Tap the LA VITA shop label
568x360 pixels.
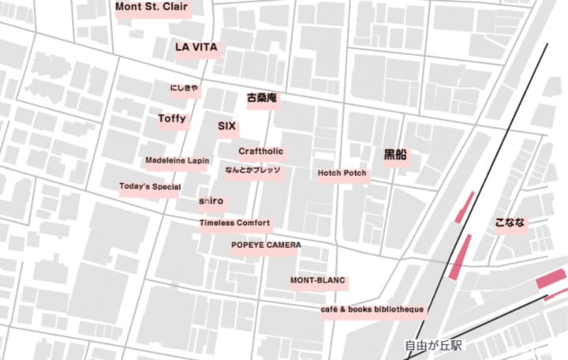(x=196, y=47)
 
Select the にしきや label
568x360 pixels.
(x=185, y=88)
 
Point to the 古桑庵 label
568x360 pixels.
(x=262, y=99)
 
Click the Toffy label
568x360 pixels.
(x=172, y=119)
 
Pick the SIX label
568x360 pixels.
(x=226, y=126)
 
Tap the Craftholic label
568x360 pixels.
(x=261, y=152)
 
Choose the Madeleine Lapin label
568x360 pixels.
(x=177, y=161)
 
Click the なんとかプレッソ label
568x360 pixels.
(x=252, y=171)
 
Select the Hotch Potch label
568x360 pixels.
(x=342, y=174)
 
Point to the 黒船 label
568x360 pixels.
(x=395, y=156)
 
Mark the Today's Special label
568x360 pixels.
(x=150, y=187)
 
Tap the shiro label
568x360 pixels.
(x=211, y=201)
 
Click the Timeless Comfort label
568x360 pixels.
(x=234, y=223)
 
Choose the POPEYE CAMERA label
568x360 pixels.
(x=266, y=246)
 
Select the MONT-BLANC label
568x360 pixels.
(x=318, y=280)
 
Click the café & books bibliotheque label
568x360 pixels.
(x=373, y=309)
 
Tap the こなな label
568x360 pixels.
(x=510, y=223)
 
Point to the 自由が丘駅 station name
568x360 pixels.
(x=432, y=346)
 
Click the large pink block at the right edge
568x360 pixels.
(x=551, y=279)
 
